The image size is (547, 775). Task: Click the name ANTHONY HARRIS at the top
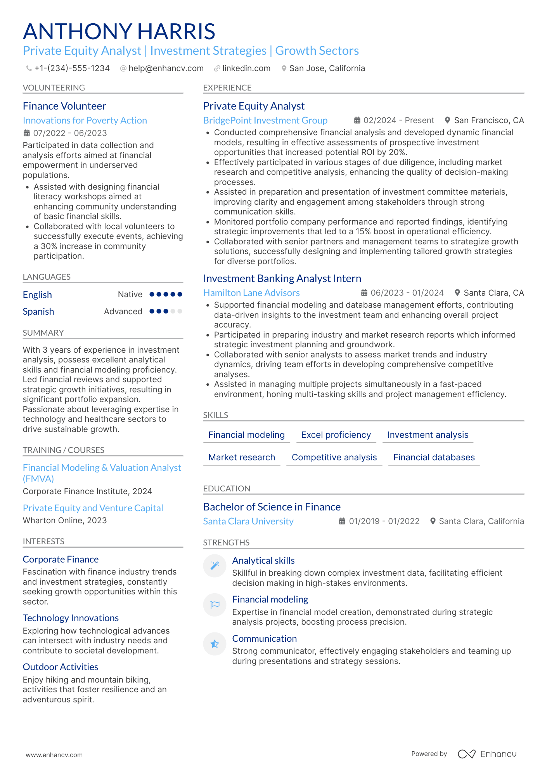[119, 31]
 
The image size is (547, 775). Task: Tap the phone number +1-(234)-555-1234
[72, 68]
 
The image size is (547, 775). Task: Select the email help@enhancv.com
[166, 68]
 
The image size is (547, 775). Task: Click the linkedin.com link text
[246, 68]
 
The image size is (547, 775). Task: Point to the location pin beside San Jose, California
[284, 68]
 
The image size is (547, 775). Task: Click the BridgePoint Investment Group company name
[265, 120]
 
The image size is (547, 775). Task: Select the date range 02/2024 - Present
[398, 120]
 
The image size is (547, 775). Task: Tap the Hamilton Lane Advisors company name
[251, 293]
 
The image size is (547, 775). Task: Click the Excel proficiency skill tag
[336, 435]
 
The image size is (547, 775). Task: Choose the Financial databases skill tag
[434, 458]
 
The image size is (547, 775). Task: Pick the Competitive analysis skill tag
[334, 458]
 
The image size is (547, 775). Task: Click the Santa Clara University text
[248, 521]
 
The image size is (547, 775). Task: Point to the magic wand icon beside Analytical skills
[215, 566]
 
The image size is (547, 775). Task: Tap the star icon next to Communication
[215, 644]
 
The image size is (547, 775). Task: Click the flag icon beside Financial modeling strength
[215, 604]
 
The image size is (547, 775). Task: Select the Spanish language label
[38, 312]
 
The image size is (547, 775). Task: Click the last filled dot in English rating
[180, 294]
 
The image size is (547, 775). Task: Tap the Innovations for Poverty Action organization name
[85, 120]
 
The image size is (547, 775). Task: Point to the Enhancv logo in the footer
[487, 754]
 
